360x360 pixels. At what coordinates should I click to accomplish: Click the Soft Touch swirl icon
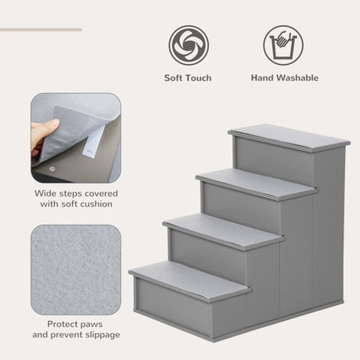pos(189,45)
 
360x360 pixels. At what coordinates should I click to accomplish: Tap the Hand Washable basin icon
pos(283,45)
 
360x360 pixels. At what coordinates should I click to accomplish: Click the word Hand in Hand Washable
pos(263,78)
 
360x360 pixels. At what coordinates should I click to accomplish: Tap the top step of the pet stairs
pos(290,137)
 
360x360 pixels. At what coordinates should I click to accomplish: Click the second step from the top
pos(257,184)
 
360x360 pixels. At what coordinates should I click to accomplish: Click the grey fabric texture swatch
pos(77,270)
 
